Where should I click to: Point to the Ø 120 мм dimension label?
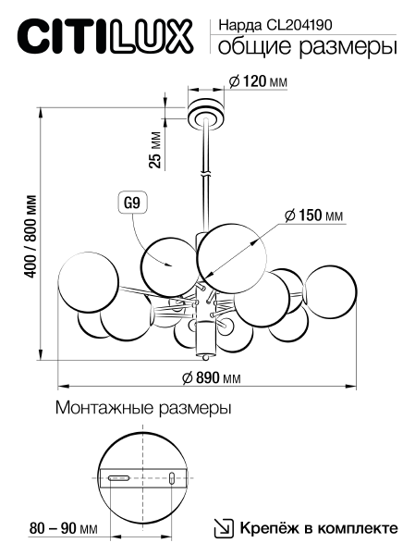(257, 82)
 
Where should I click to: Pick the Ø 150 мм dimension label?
(314, 216)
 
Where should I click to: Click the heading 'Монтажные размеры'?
(143, 407)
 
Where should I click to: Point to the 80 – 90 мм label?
(64, 528)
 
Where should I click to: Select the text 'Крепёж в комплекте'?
(319, 528)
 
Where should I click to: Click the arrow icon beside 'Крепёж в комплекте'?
(223, 528)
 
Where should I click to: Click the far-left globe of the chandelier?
(89, 281)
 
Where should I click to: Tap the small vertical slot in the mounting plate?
(171, 478)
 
